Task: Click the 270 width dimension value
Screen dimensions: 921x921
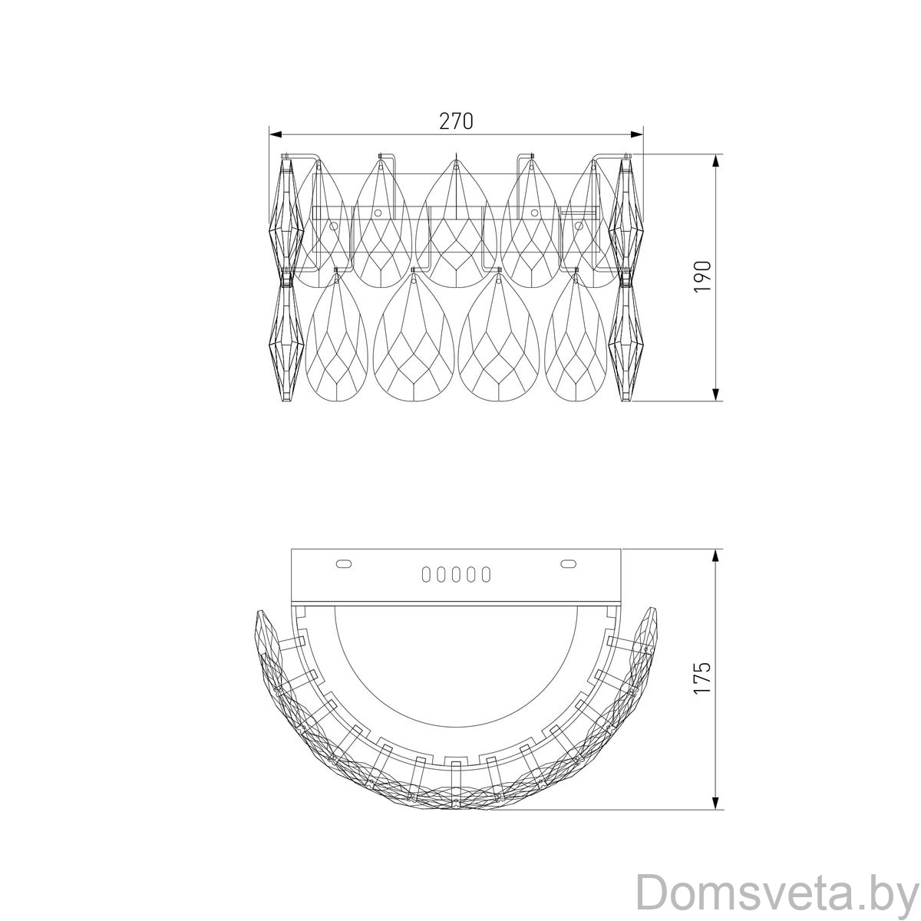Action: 456,121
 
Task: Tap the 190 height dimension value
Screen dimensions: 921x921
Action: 703,277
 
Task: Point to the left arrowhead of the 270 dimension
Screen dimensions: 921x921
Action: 276,135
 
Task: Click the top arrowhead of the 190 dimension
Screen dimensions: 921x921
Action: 716,161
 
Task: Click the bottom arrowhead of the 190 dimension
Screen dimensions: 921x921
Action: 716,394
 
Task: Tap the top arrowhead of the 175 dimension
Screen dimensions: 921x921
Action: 716,556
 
